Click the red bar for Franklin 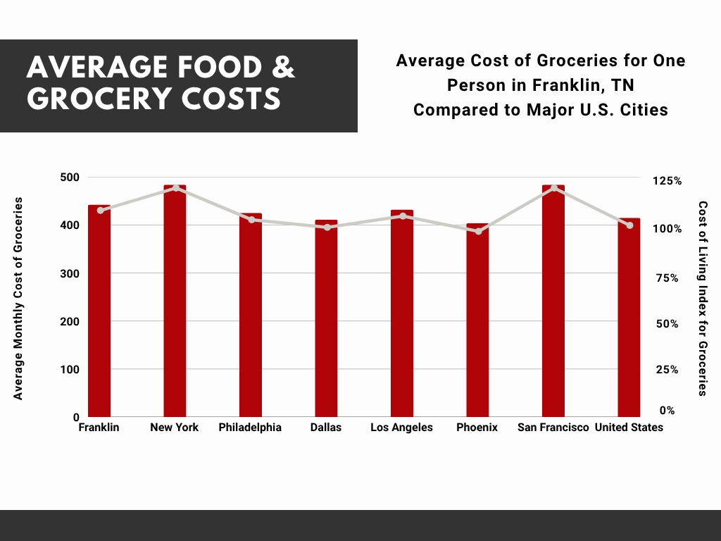point(99,313)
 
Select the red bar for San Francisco point(553,303)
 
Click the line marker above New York point(175,188)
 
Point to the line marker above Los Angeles point(402,216)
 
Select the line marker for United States point(629,225)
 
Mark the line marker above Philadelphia point(251,220)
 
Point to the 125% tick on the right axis point(667,181)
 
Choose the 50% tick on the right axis point(669,324)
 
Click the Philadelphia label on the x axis point(250,428)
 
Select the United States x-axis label point(629,428)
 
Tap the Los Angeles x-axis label point(401,428)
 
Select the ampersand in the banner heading point(282,68)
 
